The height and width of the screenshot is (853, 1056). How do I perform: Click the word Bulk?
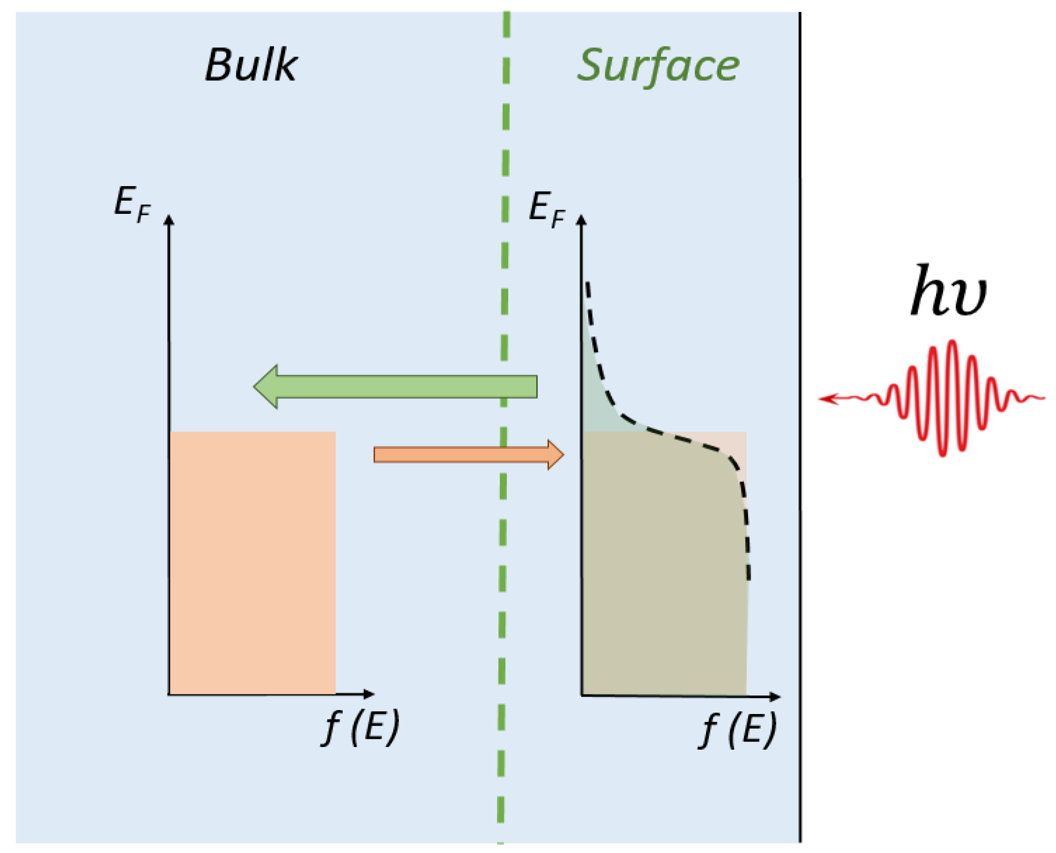coord(251,65)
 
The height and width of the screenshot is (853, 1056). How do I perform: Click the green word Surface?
coord(658,66)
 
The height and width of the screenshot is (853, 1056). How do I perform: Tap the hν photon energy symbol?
coord(948,291)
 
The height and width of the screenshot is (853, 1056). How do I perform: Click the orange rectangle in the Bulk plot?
coord(252,563)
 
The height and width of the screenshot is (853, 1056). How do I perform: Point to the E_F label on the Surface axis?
coord(546,208)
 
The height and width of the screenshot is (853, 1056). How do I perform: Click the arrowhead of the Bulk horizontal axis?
coord(368,694)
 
